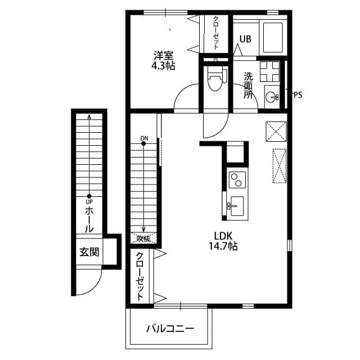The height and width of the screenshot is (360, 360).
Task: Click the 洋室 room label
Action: (164, 55)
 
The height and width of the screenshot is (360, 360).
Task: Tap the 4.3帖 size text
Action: (164, 66)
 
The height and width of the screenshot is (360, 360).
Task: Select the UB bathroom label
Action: (245, 39)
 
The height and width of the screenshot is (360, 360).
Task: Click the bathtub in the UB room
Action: (273, 37)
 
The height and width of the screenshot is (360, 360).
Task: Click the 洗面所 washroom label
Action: (248, 85)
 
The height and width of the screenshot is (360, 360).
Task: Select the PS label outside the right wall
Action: (298, 95)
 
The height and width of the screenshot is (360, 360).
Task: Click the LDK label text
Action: (223, 235)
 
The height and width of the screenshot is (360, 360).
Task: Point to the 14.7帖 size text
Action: (223, 246)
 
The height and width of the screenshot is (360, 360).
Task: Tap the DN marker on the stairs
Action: (144, 138)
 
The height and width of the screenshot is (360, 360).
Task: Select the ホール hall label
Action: (89, 220)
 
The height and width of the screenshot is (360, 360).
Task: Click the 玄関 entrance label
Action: (89, 251)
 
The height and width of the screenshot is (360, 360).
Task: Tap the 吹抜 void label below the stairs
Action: (143, 238)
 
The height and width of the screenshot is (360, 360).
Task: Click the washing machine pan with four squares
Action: (269, 70)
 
